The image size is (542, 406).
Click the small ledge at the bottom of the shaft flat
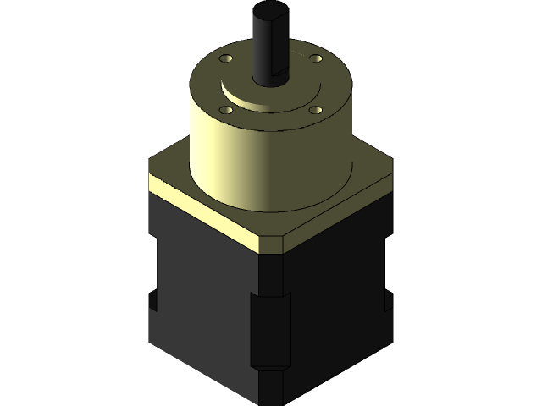[283, 82]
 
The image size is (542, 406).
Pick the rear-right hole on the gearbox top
[316, 58]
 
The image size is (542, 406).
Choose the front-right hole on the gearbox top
[316, 110]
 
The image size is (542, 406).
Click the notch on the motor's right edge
[389, 301]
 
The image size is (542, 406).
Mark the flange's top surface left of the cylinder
[169, 169]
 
